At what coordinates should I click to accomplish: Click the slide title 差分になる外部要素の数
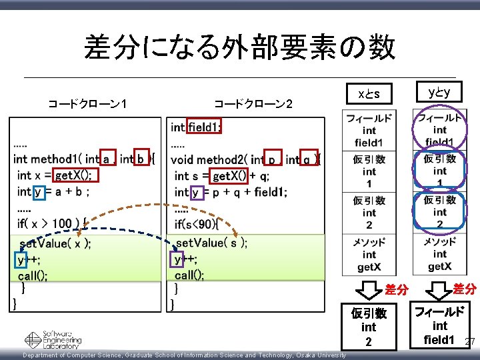pos(239,47)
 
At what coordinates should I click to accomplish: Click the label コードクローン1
pos(88,103)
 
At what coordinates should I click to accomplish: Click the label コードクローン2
pos(253,103)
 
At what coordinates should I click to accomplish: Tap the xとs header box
pos(369,93)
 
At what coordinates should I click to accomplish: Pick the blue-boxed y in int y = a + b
pos(38,191)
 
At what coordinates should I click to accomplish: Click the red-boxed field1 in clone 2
pos(205,127)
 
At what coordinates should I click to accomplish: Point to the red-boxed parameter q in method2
pos(307,159)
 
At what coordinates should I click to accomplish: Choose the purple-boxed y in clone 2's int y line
pos(195,192)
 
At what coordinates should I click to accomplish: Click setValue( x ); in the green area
pos(55,243)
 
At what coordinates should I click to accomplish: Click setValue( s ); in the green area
pos(211,243)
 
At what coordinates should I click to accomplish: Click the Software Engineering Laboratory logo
pos(53,340)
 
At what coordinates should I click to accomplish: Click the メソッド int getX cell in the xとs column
pos(369,255)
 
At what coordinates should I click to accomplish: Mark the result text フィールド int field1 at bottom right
pos(439,325)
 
